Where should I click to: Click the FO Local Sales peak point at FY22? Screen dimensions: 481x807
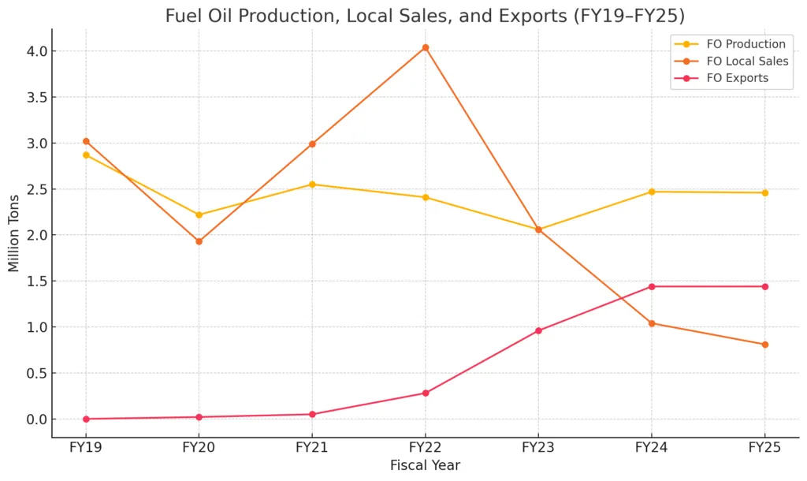coord(426,47)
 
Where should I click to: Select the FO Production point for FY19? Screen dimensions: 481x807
coord(86,155)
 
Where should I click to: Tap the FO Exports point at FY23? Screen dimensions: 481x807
coord(538,330)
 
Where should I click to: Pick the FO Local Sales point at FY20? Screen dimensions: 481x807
coord(199,241)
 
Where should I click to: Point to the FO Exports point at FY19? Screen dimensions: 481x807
coord(86,419)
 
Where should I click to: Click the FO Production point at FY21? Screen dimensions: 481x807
coord(312,185)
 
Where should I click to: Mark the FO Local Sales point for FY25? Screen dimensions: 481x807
coord(764,345)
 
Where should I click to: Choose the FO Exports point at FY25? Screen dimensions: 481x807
coord(764,286)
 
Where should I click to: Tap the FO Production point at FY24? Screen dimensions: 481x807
coord(652,192)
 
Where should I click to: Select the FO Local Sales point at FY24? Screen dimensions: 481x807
coord(652,323)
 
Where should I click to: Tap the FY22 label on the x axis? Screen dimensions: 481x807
coord(426,448)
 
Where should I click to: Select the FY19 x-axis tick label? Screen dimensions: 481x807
coord(86,448)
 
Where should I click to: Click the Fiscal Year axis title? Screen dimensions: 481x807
coord(425,466)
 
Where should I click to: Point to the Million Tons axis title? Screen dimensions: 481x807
coord(14,235)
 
